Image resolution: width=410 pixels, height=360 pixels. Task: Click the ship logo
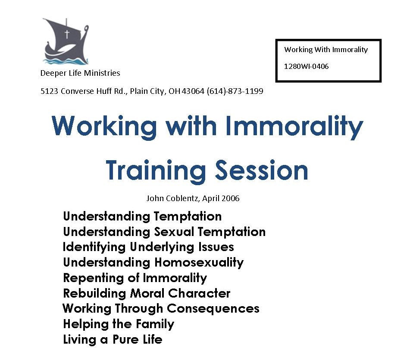pos(66,42)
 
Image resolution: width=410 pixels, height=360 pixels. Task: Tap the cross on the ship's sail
pos(67,34)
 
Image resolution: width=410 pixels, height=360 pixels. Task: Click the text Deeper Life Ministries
pos(80,73)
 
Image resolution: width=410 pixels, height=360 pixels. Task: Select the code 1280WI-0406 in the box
pos(306,66)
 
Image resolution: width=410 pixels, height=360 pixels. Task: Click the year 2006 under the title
pos(231,199)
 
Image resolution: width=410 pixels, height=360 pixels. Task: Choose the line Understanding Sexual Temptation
pos(164,232)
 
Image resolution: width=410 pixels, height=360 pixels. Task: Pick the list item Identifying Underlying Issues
pos(148,247)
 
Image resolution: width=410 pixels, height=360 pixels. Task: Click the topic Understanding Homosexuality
pos(153,262)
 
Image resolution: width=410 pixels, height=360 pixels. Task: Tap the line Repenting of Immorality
pos(135,278)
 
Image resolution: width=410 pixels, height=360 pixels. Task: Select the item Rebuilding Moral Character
pos(147,293)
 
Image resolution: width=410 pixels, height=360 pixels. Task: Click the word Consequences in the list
pos(213,309)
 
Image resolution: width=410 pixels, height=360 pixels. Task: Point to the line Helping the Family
pos(119,324)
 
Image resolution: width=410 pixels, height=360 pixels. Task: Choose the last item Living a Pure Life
pos(113,339)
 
